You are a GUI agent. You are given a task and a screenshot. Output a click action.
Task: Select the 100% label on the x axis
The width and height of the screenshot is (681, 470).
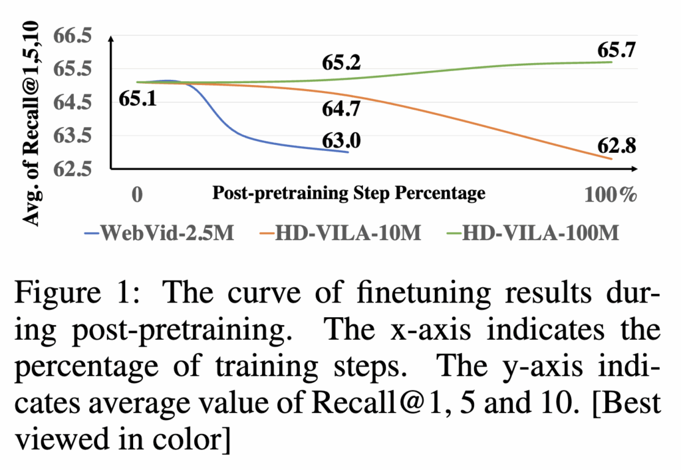611,194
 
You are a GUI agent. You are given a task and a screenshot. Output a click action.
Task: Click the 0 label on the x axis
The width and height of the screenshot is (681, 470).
137,194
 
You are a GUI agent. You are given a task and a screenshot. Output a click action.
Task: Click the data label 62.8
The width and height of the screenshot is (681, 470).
616,145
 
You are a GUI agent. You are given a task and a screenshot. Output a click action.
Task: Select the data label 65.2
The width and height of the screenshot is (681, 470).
341,63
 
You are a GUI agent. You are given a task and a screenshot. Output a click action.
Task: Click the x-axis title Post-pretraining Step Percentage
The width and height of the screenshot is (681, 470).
348,193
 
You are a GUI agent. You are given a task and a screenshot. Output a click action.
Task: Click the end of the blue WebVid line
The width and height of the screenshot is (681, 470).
348,152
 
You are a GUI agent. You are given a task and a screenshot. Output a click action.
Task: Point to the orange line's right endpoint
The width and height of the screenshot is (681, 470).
611,159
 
